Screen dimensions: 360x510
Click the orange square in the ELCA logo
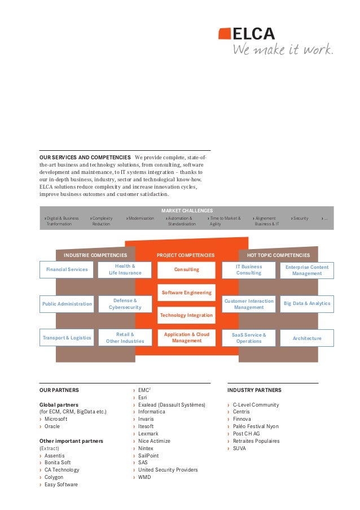[x=225, y=34]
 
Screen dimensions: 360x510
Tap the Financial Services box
[x=67, y=269]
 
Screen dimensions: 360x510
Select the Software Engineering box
[x=187, y=293]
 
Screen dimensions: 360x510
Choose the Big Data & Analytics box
[x=307, y=304]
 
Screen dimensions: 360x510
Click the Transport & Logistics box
[x=67, y=338]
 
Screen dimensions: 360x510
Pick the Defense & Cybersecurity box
[x=125, y=304]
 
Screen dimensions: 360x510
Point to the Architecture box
[x=307, y=338]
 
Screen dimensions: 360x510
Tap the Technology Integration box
[x=187, y=315]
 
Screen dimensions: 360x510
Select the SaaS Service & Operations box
[x=249, y=338]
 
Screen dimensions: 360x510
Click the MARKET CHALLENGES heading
[x=187, y=211]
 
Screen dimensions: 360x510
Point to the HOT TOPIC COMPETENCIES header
[x=278, y=255]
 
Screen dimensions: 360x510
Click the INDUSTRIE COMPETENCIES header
[x=95, y=255]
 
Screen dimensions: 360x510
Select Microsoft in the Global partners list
[x=56, y=419]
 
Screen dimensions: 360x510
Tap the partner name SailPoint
[x=148, y=456]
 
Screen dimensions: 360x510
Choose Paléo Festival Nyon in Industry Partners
[x=256, y=426]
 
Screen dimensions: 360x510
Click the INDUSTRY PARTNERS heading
[x=254, y=390]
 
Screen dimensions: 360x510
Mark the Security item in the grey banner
[x=301, y=218]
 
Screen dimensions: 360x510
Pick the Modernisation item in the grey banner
[x=141, y=218]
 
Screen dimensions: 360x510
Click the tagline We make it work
[x=283, y=49]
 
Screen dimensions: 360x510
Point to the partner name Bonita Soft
[x=58, y=463]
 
